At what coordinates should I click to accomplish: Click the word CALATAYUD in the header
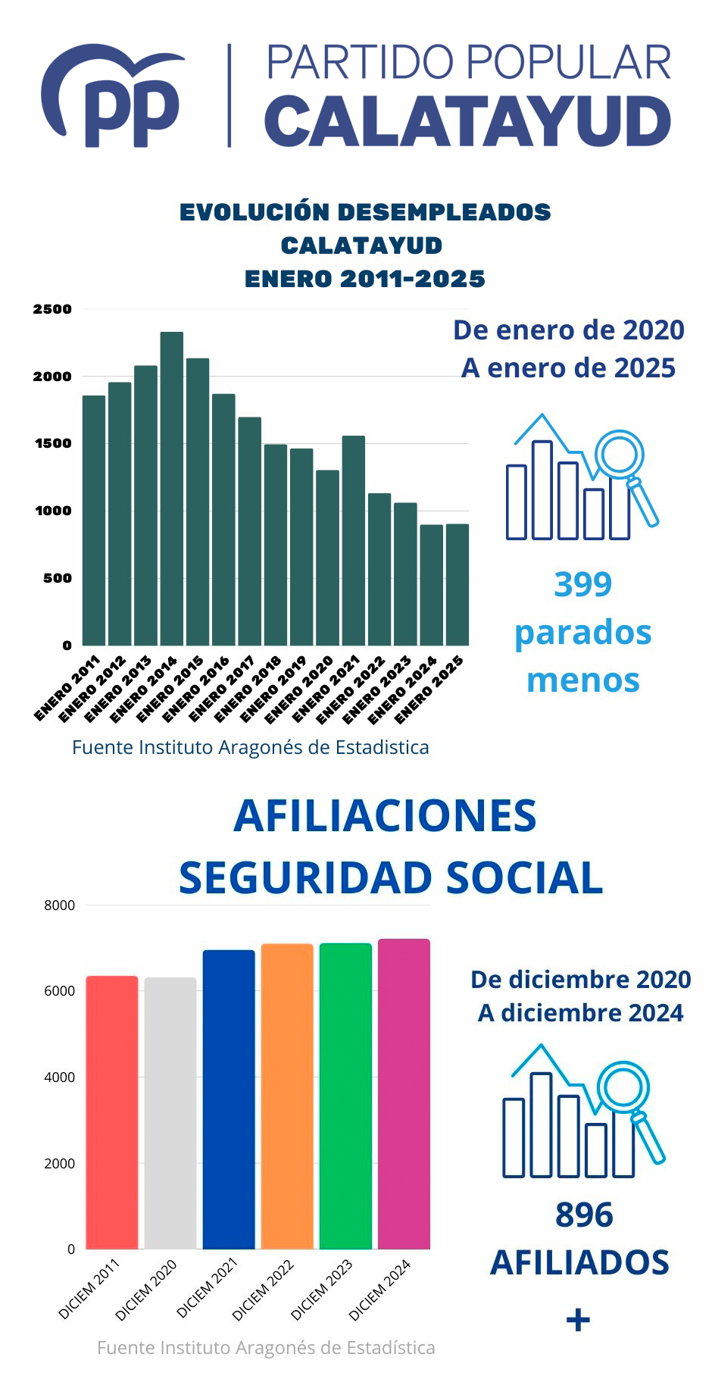coord(467,122)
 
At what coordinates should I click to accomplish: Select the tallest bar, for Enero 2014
coord(171,488)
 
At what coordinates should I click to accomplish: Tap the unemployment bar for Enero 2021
coord(353,540)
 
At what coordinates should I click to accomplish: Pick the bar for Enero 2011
coord(94,520)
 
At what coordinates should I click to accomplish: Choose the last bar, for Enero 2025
coord(457,584)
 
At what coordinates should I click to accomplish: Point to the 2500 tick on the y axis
coord(52,309)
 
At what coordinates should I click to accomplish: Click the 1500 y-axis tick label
coord(52,443)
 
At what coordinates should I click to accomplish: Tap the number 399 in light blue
coord(582,584)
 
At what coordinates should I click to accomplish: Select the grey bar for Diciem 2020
coord(170,1113)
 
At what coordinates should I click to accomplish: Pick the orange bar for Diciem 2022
coord(287,1096)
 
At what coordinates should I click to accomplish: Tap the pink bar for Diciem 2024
coord(404,1094)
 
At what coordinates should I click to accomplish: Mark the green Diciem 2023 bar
coord(345,1096)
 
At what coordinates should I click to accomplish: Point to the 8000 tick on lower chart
coord(60,905)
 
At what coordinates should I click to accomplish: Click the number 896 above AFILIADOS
coord(583,1215)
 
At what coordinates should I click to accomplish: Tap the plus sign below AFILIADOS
coord(578,1321)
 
